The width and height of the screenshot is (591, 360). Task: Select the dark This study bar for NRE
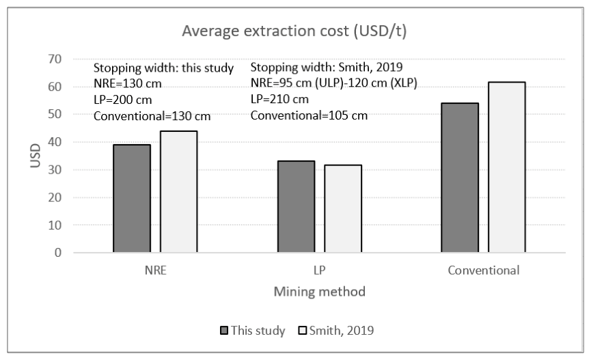coord(132,198)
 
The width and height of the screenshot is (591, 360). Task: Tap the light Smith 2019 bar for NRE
coord(178,191)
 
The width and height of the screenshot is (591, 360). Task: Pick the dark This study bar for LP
coord(297,206)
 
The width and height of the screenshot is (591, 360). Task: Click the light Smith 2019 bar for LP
coord(343,208)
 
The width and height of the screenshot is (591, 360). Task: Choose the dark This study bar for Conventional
coord(460,178)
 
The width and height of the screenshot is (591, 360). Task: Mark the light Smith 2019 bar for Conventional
coord(507,167)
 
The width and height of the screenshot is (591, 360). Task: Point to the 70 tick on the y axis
coord(55,59)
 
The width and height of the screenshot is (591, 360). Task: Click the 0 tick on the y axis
coord(58,253)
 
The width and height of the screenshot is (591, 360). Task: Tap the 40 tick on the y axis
coord(55,142)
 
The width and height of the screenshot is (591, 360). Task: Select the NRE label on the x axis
coord(156,271)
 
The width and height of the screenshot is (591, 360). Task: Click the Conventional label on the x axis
coord(484,271)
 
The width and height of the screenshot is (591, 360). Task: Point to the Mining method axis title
coord(320,292)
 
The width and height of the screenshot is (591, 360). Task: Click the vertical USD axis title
coord(35,155)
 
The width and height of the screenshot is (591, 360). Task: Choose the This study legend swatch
coord(224,331)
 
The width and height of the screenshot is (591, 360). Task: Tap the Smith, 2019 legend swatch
coord(302,331)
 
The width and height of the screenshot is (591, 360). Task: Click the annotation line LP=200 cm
coord(123,100)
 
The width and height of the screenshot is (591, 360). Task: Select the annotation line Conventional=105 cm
coord(309,115)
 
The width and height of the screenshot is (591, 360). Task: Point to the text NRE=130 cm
coord(127,84)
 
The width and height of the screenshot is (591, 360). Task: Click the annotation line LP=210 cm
coord(279,99)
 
